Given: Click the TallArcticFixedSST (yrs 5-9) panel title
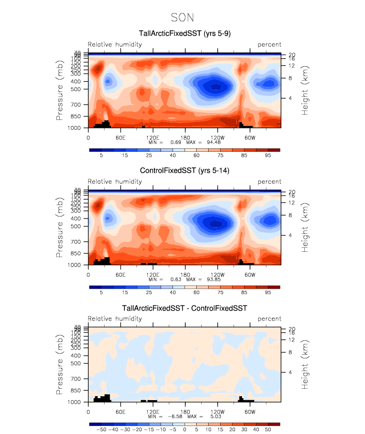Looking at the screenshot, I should click(185, 34).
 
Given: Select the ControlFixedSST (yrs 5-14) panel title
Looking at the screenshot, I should click(184, 171).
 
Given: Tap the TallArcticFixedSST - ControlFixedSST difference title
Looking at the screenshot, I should click(184, 308).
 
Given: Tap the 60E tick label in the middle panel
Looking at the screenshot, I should click(120, 274).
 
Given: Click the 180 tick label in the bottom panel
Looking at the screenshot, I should click(185, 411).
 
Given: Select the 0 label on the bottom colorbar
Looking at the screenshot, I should click(185, 429).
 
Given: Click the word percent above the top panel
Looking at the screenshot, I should click(269, 45).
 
